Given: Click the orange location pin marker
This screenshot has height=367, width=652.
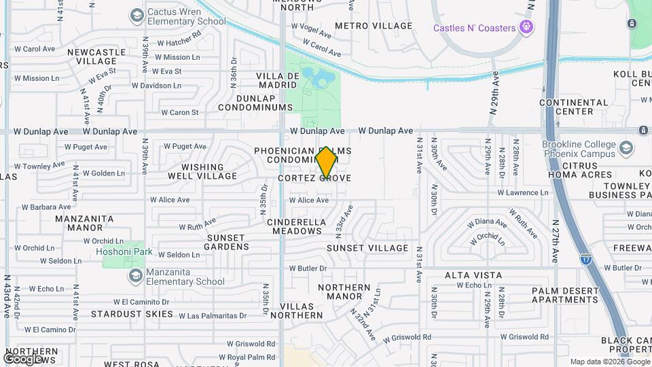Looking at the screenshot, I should point(327,162).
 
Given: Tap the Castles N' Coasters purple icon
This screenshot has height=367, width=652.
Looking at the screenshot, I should point(525,27).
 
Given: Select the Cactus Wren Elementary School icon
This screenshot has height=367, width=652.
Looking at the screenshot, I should point(137,15).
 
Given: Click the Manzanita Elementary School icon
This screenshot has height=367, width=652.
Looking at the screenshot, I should point(134,275).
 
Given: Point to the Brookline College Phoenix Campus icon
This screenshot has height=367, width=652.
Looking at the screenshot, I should point(626,148).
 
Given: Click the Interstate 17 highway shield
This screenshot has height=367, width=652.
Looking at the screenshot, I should point(585,259).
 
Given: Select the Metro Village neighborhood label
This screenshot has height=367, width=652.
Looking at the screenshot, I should point(374,26).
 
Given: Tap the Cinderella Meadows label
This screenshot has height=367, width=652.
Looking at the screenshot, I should point(294,226).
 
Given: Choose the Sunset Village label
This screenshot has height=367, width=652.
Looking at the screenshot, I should point(367,248).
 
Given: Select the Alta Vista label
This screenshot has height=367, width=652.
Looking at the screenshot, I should point(473,275).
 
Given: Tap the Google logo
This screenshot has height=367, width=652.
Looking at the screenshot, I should point(22,358).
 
